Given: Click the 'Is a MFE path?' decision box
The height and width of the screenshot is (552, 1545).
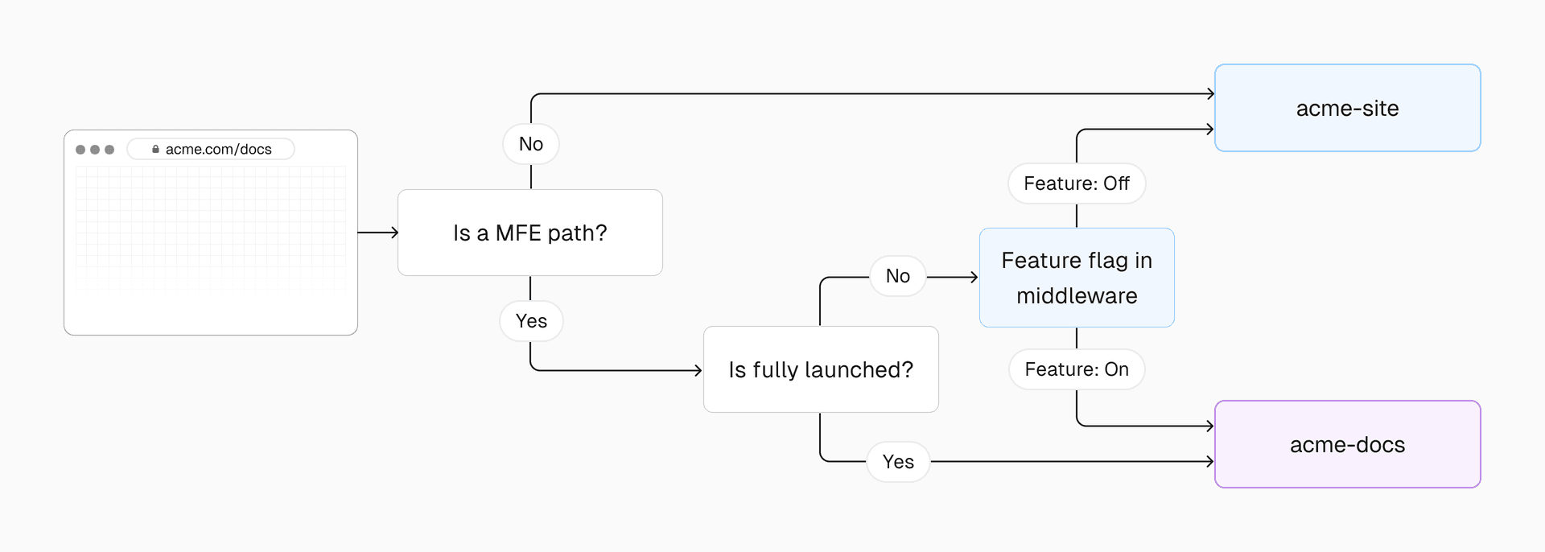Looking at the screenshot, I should [529, 233].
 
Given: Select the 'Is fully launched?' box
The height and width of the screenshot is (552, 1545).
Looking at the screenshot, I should [821, 369].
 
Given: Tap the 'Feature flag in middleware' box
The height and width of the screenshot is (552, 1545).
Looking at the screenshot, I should [1077, 278].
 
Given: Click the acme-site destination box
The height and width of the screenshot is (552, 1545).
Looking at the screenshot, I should [1347, 108].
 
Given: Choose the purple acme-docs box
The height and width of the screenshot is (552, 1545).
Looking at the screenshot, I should [1347, 444].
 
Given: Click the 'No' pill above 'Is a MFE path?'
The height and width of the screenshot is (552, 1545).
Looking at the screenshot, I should [531, 144].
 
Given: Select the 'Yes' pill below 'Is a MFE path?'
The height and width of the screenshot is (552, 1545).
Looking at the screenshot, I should [531, 321].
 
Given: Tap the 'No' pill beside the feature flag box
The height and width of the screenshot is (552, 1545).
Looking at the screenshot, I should [898, 276].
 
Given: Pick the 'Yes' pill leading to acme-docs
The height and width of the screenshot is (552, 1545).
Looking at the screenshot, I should [898, 462].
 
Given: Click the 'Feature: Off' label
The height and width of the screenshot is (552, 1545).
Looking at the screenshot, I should [1077, 183].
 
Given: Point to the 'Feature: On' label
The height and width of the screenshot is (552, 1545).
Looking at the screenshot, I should [1077, 369].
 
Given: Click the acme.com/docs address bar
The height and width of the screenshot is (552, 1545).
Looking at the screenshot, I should [211, 150].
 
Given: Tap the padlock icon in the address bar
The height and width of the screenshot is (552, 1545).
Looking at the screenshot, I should [155, 150].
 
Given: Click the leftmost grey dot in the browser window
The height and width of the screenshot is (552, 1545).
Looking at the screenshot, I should [80, 150].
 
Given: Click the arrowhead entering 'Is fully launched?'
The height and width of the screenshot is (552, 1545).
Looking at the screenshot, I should [698, 370].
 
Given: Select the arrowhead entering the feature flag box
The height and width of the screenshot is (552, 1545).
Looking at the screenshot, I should [974, 277].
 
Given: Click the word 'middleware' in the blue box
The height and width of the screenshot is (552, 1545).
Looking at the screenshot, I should [1077, 296].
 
